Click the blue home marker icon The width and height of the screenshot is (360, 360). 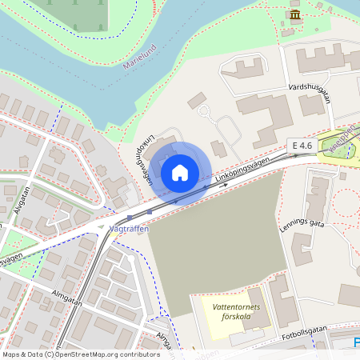180,172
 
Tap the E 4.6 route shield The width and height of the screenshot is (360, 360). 302,145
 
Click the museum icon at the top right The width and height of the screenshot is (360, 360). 295,15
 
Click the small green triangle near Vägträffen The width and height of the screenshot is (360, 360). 101,228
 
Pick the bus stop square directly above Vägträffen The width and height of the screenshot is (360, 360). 129,216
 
